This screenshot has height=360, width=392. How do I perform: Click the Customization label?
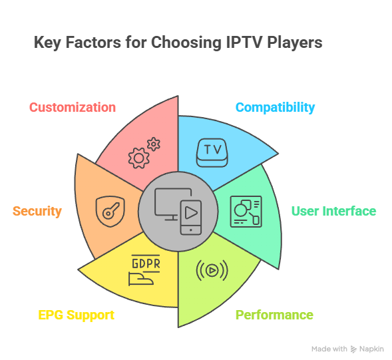click(73, 107)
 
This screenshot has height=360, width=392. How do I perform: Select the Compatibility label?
click(275, 107)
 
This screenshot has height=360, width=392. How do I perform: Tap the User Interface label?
click(333, 211)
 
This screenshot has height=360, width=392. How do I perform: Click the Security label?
click(37, 211)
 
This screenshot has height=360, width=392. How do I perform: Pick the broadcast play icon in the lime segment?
click(212, 270)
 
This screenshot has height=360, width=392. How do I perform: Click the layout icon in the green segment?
click(246, 212)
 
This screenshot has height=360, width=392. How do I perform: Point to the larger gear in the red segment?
click(138, 158)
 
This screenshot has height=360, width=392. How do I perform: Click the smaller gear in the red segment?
click(154, 142)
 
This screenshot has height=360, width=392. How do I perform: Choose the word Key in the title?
click(47, 43)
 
